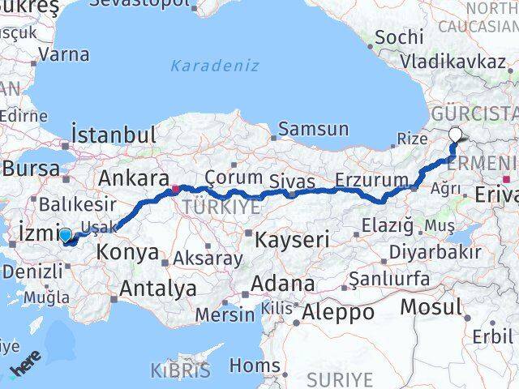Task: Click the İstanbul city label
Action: coord(114,135)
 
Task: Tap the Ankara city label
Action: coord(133,178)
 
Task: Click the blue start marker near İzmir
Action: coord(65,236)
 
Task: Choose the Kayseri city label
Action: coord(292,239)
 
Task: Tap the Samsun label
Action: coord(314,129)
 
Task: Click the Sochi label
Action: coord(400,36)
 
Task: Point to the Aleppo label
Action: coord(337,311)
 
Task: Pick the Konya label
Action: coord(127,252)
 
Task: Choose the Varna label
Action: coord(63,56)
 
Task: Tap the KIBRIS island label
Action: coord(180,371)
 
